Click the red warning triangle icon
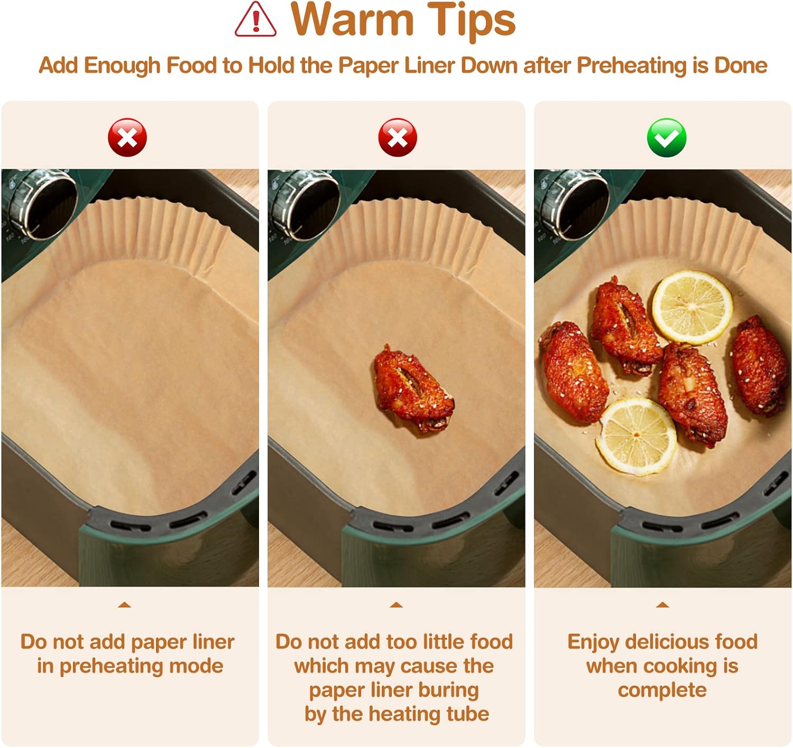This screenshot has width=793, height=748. coord(255,20)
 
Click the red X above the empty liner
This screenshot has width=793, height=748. coord(127,137)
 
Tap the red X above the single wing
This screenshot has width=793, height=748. coord(398,137)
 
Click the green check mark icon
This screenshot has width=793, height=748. coord(667,137)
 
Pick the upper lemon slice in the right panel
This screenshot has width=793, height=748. coord(692,307)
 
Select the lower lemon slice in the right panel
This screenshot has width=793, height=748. coord(636,437)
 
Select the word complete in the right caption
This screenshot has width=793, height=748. coord(662,690)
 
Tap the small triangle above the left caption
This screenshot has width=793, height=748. coord(125,605)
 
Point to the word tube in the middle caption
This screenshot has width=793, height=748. coord(467,714)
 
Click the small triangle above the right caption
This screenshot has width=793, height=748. coord(662,605)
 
